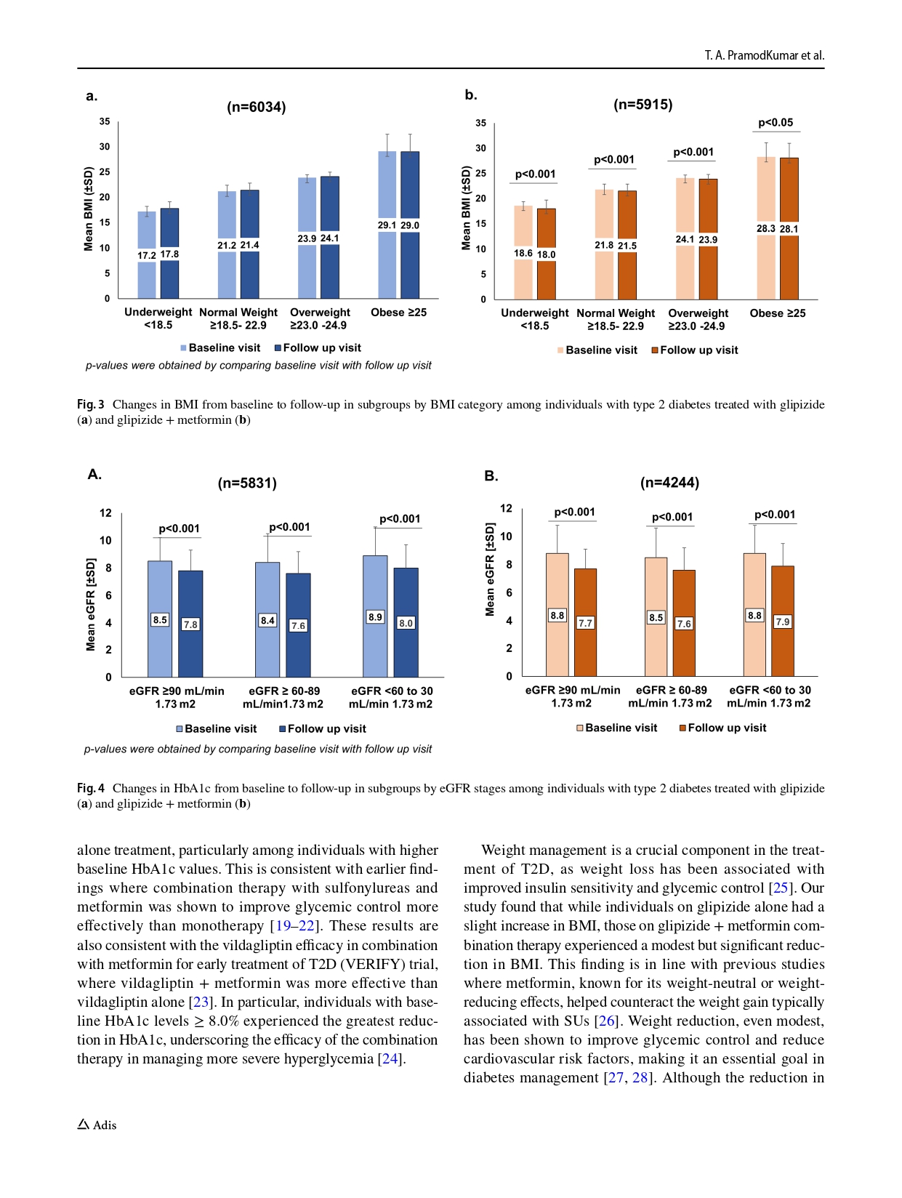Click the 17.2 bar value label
click(147, 255)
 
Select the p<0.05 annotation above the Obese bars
click(776, 123)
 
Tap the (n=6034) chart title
click(257, 108)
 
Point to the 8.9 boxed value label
click(375, 617)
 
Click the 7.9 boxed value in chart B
click(783, 622)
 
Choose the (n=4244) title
click(669, 483)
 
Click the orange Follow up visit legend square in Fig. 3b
click(655, 350)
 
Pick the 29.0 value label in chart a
click(410, 225)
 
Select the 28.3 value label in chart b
click(766, 228)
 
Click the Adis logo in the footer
click(97, 1125)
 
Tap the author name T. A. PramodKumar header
click(764, 55)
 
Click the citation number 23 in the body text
click(201, 1002)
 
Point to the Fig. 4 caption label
click(91, 788)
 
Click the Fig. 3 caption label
click(91, 404)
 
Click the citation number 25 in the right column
click(781, 888)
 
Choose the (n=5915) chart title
click(643, 105)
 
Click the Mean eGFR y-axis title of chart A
click(91, 605)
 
